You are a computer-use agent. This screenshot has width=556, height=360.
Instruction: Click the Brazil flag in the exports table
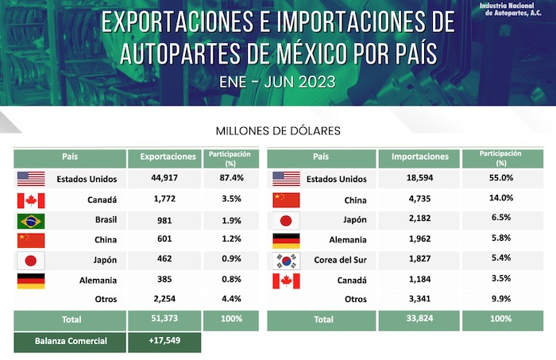(x=30, y=221)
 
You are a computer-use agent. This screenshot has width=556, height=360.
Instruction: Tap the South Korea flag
(x=286, y=261)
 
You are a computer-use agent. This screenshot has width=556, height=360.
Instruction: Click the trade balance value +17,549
(x=163, y=342)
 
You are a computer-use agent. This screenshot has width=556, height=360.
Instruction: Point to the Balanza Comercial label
(x=69, y=342)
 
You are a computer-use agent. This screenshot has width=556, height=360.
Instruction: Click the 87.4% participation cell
(x=230, y=178)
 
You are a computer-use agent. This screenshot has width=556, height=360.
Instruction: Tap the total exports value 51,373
(x=163, y=319)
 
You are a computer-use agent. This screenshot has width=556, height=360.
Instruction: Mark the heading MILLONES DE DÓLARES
(x=278, y=130)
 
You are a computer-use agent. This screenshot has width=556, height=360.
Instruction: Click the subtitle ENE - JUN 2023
(x=278, y=81)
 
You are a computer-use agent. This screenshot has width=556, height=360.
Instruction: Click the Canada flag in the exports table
(x=30, y=200)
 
